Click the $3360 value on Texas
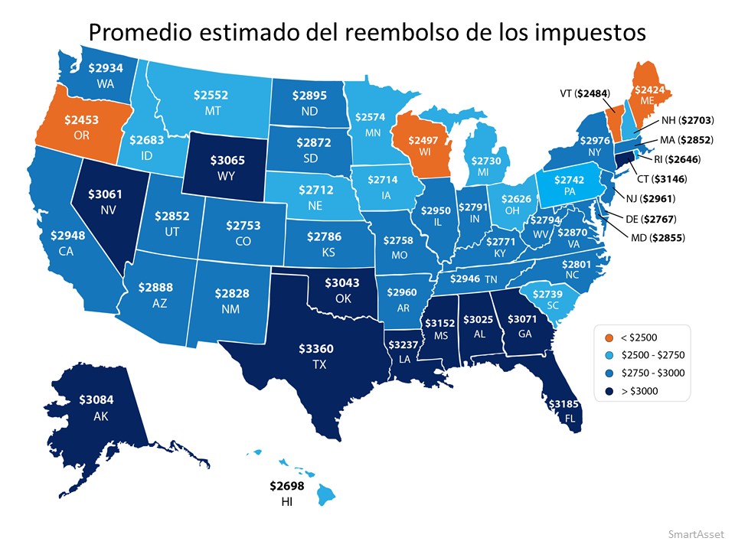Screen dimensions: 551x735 (315, 349)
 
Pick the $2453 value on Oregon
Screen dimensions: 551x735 (82, 121)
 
